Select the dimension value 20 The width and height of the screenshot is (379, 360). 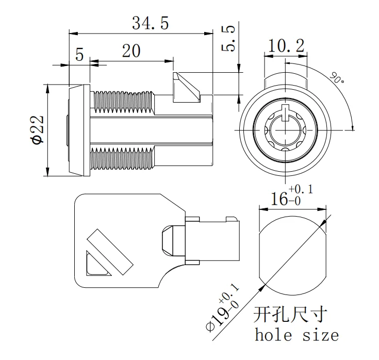pos(131,51)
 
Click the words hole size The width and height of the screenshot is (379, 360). pos(297,335)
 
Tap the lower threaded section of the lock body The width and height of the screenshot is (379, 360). pos(122,159)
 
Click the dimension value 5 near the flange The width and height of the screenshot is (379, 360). pos(79,55)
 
